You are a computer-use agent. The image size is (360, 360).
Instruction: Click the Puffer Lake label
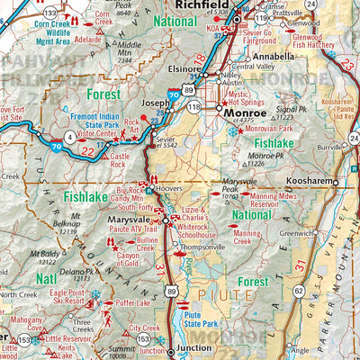(x=131, y=304)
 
